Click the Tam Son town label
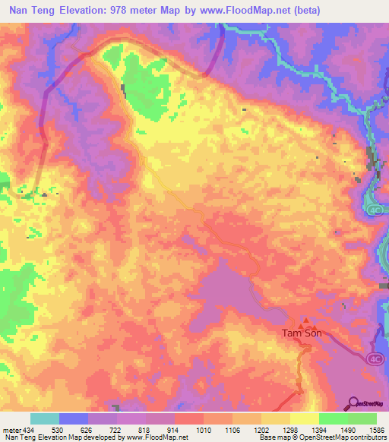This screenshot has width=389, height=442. click(301, 333)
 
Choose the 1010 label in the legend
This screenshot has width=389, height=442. click(203, 430)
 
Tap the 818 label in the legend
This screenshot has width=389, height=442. click(145, 430)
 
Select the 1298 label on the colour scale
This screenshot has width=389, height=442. click(289, 430)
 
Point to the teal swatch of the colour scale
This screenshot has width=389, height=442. click(45, 418)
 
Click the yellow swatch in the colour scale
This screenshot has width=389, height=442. click(305, 418)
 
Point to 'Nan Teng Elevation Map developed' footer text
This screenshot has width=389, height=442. click(53, 437)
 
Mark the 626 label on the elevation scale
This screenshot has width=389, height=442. click(87, 430)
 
